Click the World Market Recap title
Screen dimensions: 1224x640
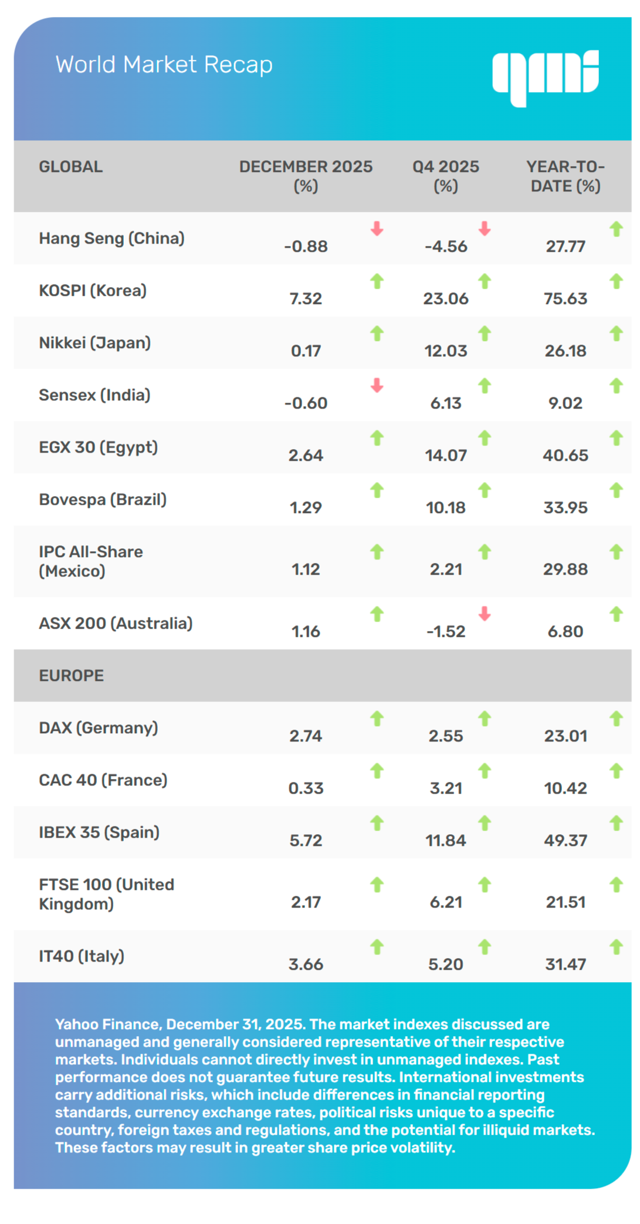[x=164, y=65]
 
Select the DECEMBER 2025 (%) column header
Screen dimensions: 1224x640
[x=306, y=176]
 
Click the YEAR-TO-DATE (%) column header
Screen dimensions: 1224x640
[x=565, y=176]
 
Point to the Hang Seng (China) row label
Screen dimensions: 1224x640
[x=111, y=238]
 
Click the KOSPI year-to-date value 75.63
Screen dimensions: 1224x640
[x=565, y=298]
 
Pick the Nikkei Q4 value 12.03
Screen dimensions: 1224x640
[x=446, y=350]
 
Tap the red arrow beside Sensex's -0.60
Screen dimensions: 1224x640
[x=377, y=386]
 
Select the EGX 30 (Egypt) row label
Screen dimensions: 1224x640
[x=98, y=447]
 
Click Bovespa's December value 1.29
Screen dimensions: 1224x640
[x=306, y=507]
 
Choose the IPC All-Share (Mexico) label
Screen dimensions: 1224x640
[x=91, y=561]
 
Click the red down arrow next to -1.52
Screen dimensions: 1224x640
[x=485, y=614]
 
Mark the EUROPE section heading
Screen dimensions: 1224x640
[x=71, y=676]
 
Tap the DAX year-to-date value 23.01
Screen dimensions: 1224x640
[x=565, y=736]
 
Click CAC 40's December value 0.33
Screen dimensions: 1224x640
[x=306, y=788]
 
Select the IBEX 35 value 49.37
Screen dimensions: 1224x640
[x=565, y=840]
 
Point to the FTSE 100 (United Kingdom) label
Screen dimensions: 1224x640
[x=106, y=894]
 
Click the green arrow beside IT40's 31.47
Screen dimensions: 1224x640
[x=616, y=947]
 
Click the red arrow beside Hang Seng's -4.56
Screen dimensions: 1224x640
[x=485, y=228]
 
